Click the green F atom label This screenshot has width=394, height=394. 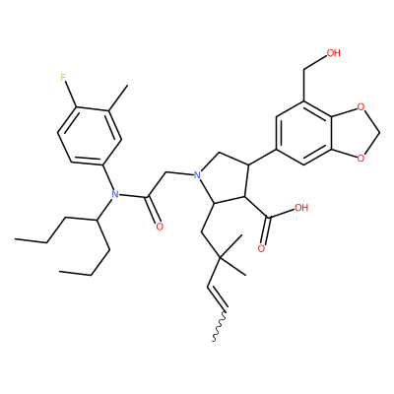64,78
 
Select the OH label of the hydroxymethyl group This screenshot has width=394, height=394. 333,53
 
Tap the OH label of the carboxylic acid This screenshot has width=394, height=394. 301,207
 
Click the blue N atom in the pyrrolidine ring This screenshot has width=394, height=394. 197,174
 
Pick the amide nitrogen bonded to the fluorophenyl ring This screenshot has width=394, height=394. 114,194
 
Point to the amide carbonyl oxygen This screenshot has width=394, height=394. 160,227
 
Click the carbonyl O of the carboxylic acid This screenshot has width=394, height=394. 261,248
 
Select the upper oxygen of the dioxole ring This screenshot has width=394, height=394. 361,107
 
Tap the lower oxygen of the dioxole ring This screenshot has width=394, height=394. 361,159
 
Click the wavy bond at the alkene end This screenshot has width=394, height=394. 219,326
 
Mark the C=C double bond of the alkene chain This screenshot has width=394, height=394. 217,298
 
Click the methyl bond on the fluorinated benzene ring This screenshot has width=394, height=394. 117,98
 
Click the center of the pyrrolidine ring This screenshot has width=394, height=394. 227,181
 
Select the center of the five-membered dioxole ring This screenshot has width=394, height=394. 353,133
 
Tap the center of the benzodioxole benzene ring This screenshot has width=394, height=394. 303,133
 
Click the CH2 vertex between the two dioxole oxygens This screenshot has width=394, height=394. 380,133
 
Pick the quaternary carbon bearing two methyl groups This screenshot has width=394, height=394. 220,259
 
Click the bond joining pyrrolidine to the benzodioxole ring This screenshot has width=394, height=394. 262,157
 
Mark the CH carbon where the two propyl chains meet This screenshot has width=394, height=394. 97,220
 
